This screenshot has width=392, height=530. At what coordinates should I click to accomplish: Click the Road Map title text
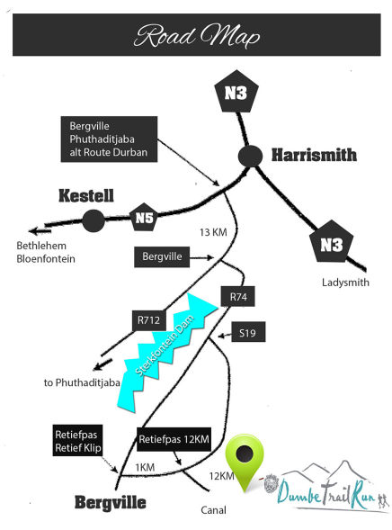click(x=197, y=35)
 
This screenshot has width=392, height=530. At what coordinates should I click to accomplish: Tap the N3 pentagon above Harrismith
click(x=236, y=92)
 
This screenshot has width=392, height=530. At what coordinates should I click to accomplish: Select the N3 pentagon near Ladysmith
click(x=332, y=242)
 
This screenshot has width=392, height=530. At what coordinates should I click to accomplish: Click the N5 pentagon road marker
click(x=144, y=218)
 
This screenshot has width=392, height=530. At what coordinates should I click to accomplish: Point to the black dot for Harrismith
click(x=250, y=156)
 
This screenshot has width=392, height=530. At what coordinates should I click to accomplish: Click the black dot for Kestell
click(x=94, y=220)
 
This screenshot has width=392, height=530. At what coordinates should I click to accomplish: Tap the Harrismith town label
click(x=314, y=155)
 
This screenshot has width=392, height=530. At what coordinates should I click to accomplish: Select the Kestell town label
click(x=86, y=195)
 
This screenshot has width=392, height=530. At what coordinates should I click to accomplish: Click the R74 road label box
click(x=238, y=296)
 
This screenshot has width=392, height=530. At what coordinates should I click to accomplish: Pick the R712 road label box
click(x=148, y=320)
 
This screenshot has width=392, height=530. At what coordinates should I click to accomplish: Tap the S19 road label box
click(x=248, y=332)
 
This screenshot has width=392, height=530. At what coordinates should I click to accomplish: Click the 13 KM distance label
click(x=213, y=232)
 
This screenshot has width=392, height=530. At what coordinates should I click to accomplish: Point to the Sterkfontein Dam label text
click(x=165, y=345)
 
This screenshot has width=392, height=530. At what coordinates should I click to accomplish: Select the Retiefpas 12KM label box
click(x=174, y=439)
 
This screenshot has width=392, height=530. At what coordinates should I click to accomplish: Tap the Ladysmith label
click(x=345, y=283)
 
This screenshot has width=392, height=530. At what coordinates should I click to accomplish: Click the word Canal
click(x=213, y=510)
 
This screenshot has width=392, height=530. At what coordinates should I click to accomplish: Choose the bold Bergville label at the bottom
click(x=111, y=503)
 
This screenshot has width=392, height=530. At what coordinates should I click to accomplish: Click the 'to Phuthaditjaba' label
click(x=82, y=382)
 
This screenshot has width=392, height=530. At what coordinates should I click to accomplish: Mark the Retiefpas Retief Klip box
click(x=77, y=440)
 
